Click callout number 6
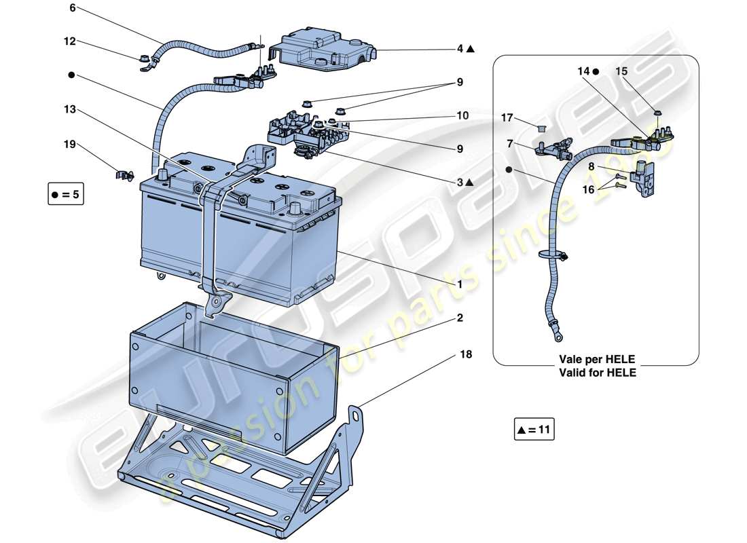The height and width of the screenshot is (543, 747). [x=73, y=9]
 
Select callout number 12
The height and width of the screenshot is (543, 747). [x=70, y=41]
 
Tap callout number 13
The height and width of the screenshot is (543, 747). [x=70, y=109]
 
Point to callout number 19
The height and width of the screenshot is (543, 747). [x=70, y=145]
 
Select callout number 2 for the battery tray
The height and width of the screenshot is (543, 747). [x=460, y=318]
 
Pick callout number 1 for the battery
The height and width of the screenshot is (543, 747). [x=460, y=285]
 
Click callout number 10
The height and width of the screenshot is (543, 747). [x=462, y=116]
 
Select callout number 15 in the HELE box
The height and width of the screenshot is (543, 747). [x=621, y=71]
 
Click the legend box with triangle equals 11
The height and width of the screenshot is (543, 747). [x=534, y=430]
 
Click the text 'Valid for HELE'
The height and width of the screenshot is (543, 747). [x=598, y=373]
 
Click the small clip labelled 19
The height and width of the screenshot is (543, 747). [x=124, y=176]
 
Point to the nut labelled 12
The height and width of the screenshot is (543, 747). [x=144, y=60]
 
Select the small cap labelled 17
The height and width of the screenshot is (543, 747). [x=542, y=128]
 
